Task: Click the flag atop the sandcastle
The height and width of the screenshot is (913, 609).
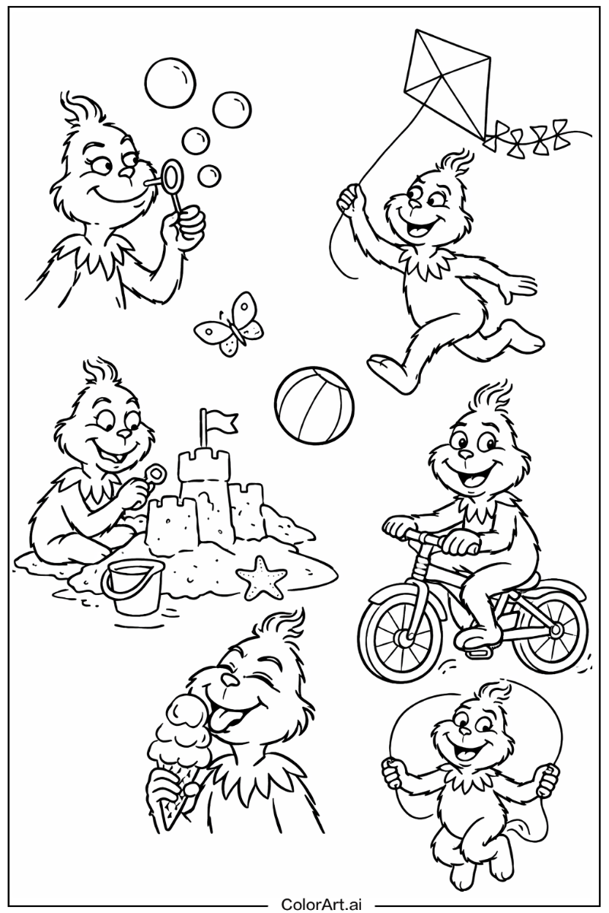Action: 220,420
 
